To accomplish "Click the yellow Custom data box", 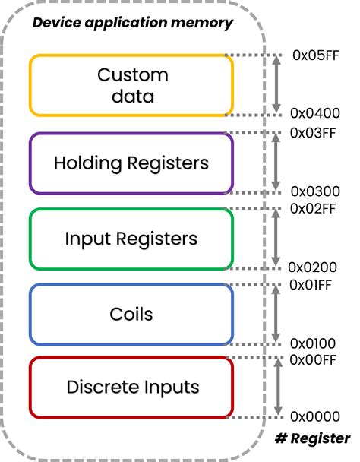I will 131,85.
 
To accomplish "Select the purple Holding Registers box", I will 131,163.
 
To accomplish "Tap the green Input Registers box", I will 131,239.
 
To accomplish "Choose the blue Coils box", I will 131,313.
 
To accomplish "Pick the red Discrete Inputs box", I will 131,387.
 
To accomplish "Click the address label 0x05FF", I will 315,56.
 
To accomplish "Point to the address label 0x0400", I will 315,113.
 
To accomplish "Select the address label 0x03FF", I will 315,132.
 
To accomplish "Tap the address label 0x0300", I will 315,191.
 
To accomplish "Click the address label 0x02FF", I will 315,208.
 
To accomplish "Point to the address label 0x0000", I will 314,417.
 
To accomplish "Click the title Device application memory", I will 132,23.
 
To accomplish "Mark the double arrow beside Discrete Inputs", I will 279,388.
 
